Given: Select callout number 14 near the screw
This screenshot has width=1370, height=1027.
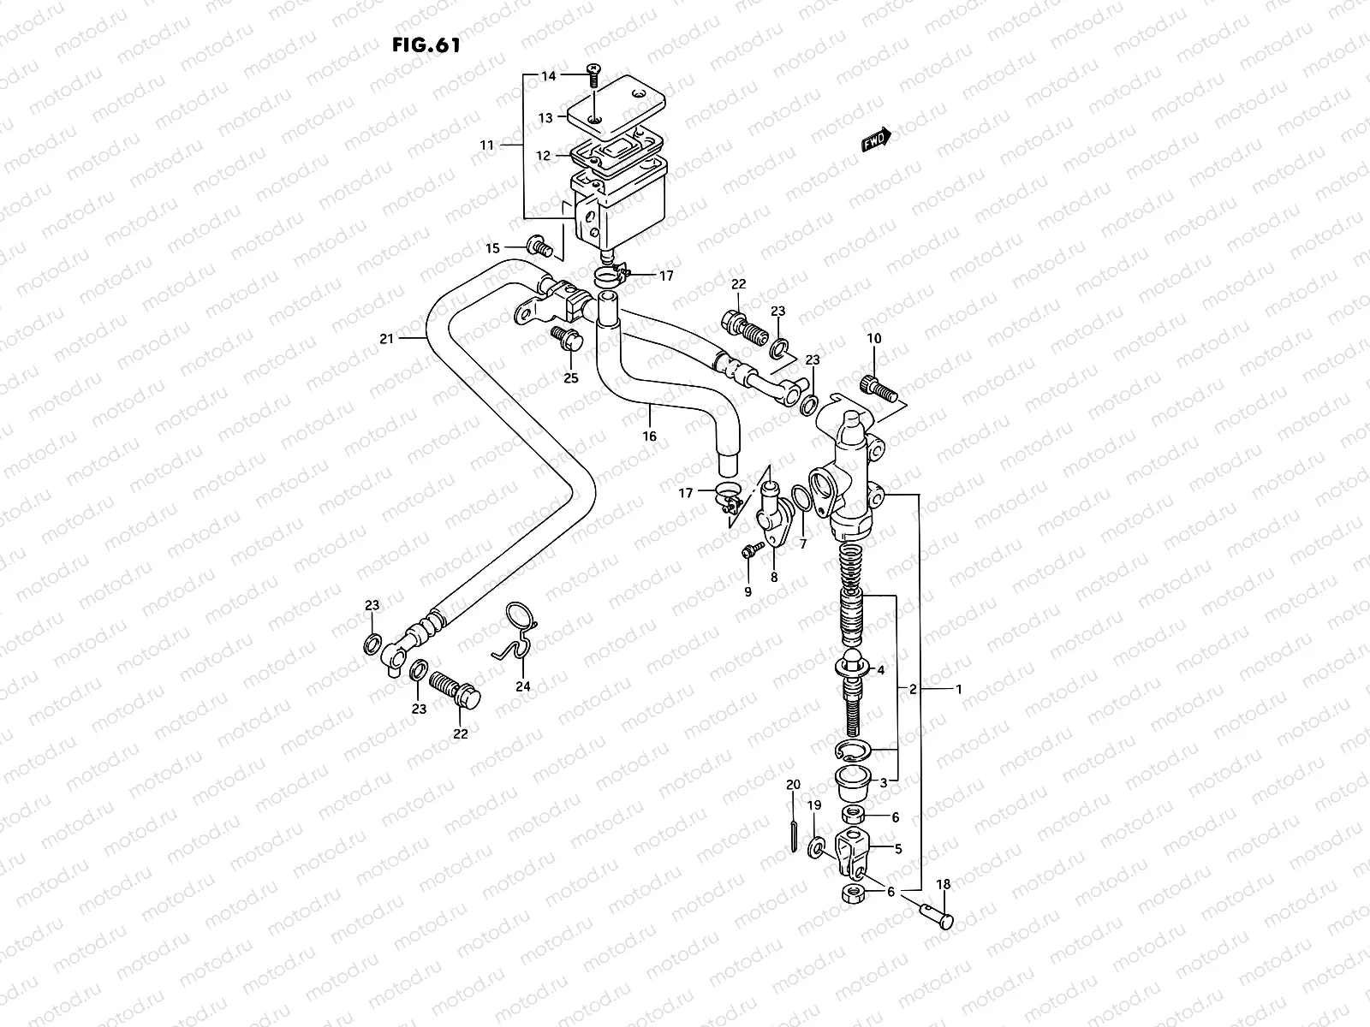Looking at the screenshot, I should click(x=548, y=76).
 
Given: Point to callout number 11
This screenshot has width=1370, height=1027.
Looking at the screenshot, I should click(x=487, y=145).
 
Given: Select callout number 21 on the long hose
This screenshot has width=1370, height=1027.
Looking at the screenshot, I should click(x=386, y=339).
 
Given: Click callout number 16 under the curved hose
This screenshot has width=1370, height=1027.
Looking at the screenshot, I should click(x=650, y=436).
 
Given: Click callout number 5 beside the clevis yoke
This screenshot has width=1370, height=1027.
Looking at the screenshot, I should click(x=898, y=850).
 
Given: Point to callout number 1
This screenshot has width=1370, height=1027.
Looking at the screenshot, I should click(x=959, y=689).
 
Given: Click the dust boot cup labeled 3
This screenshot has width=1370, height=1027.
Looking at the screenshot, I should click(x=853, y=780).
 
